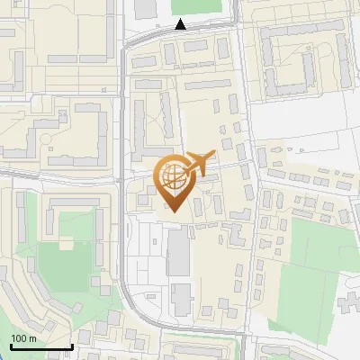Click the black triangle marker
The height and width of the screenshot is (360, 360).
(181, 24)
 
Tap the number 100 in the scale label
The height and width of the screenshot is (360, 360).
(19, 338)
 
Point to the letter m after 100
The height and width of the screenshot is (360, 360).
(32, 338)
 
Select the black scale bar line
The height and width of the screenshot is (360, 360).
(40, 346)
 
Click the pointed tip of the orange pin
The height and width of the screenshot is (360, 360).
(173, 211)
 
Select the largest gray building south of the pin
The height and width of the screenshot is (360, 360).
(178, 251)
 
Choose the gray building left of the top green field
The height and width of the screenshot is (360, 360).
(146, 8)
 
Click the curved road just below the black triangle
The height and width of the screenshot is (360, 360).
(180, 36)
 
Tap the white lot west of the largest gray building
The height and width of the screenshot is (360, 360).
(144, 256)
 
